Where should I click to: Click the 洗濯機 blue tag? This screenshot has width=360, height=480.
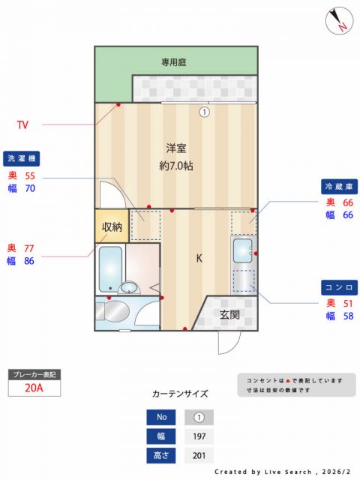coord(22,158)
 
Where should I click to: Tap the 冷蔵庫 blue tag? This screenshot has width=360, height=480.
coord(339,185)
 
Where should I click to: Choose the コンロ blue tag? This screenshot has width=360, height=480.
coord(339,287)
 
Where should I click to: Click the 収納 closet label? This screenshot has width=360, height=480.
coord(112,226)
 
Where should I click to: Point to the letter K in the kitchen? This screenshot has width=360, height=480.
coord(199,259)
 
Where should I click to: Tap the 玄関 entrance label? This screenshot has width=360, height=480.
coord(229,315)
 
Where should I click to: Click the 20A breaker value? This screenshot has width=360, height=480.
coord(34,388)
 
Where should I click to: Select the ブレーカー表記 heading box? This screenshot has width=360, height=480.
coord(34,373)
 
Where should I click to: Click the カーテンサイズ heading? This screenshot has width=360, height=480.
coord(180,393)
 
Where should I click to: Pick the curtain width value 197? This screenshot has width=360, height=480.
coord(199,436)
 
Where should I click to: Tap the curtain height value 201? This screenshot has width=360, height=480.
coord(199,456)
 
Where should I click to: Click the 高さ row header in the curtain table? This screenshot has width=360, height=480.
coord(161,456)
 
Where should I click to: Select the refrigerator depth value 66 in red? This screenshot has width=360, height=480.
coord(348,202)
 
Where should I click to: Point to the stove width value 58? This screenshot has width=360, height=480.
coord(348,316)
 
